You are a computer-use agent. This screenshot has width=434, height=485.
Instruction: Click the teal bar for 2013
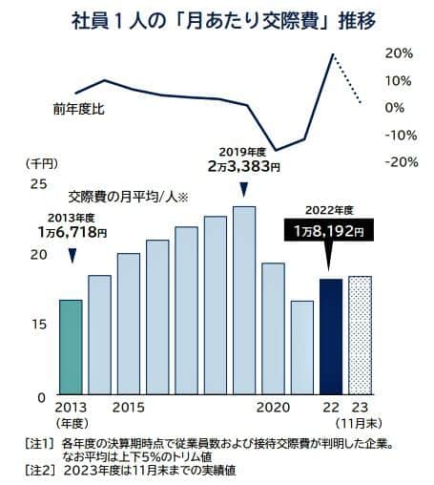pos(71,347)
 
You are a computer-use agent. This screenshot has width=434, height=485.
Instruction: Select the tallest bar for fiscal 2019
pos(244,300)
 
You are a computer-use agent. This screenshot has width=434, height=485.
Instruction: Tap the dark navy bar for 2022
pos(330,336)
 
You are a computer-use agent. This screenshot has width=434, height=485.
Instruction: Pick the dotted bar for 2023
pos(360,335)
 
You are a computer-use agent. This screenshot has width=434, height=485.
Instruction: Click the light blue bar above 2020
pos(273,328)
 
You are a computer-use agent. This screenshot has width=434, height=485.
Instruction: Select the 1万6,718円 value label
pos(73,230)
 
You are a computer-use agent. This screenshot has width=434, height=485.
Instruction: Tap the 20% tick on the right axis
pos(399,53)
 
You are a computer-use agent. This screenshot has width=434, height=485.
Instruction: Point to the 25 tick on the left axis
pos(39,183)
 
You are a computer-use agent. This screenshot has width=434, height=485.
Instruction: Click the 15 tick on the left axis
pos(39,325)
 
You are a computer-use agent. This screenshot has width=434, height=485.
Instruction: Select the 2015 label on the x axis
pos(128,408)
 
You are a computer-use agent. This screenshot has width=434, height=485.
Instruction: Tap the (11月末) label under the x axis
pos(360,421)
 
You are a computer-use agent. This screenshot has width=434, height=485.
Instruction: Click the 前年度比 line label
pos(78,110)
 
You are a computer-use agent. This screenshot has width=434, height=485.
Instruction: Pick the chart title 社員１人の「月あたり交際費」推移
pos(217,18)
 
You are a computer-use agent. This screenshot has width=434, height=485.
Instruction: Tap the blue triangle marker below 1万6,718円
pos(72,255)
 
